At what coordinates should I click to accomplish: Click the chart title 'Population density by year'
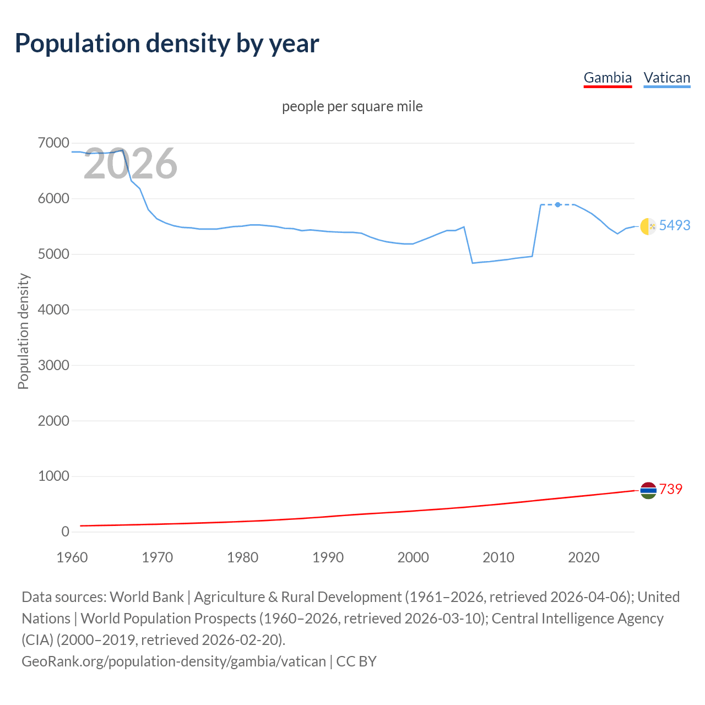(167, 44)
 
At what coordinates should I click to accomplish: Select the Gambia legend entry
(608, 78)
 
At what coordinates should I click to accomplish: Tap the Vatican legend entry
(666, 78)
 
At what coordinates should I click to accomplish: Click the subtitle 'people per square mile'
(352, 106)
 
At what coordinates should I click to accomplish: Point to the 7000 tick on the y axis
(53, 143)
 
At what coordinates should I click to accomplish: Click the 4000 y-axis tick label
(53, 310)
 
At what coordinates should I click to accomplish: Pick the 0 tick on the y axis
(65, 532)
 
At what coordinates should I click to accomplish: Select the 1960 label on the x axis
(72, 557)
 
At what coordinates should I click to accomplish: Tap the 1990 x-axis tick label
(328, 557)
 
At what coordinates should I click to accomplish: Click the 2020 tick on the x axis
(583, 557)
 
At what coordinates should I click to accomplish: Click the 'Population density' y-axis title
(23, 332)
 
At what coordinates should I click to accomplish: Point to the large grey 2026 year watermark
(131, 164)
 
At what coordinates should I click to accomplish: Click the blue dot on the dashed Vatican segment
(558, 204)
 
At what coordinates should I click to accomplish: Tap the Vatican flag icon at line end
(648, 226)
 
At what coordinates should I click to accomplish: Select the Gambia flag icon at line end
(648, 490)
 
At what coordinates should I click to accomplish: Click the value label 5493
(675, 225)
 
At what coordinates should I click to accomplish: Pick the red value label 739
(671, 489)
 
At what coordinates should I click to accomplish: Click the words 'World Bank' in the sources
(147, 597)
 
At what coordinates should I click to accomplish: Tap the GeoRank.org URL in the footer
(173, 661)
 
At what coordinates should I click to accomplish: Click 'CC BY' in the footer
(356, 661)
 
